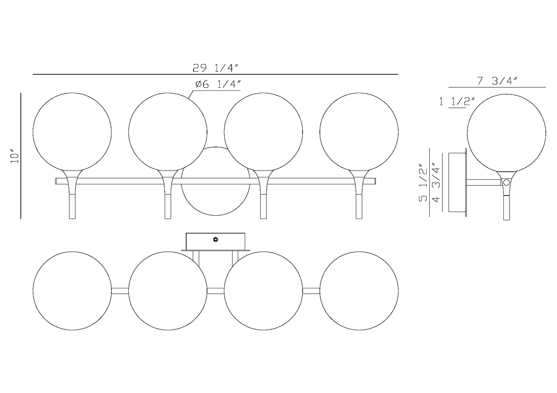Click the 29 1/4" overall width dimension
click(x=216, y=68)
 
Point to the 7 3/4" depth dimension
click(x=496, y=81)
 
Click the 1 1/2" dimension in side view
click(x=457, y=102)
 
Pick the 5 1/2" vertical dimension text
click(x=423, y=183)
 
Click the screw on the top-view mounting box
click(x=215, y=240)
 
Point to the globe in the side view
click(x=506, y=133)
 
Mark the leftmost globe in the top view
click(x=72, y=291)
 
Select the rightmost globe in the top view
click(x=359, y=291)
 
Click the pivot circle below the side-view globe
click(x=506, y=183)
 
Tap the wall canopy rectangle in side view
click(x=457, y=182)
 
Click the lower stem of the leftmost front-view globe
click(x=72, y=206)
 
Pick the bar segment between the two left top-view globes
click(x=120, y=291)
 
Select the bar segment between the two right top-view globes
click(x=311, y=291)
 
